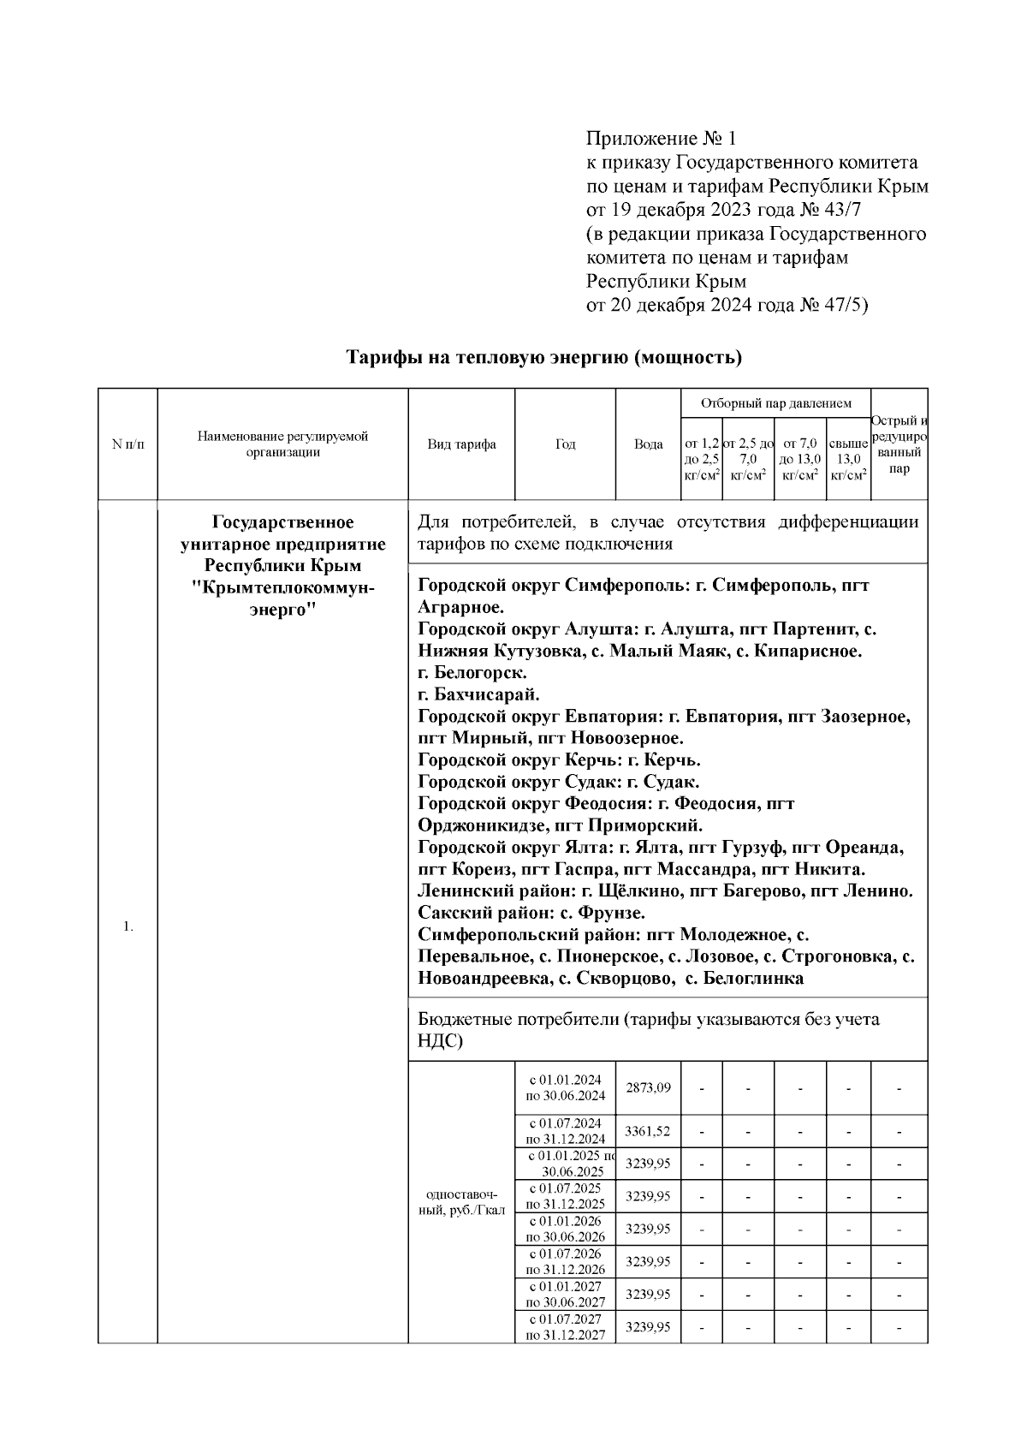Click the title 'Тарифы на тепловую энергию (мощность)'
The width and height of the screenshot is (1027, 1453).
tap(543, 357)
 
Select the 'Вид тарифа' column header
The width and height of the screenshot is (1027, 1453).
tap(461, 444)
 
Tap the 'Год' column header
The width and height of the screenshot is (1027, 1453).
tap(565, 444)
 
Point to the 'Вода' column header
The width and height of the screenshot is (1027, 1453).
tap(648, 444)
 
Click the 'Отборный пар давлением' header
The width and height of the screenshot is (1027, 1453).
tap(775, 403)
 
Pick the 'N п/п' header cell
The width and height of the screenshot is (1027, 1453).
tap(128, 444)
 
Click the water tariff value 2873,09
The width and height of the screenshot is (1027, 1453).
tap(648, 1087)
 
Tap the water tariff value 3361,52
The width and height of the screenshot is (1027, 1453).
tap(648, 1131)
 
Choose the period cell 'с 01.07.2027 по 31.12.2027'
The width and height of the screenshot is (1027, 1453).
tap(565, 1327)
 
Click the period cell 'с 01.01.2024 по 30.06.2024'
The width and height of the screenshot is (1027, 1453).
tap(565, 1087)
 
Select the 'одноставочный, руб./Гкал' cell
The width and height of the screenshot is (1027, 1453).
tap(461, 1202)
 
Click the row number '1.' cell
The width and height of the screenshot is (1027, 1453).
tap(128, 926)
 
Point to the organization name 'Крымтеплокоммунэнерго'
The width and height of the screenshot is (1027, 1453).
tap(282, 587)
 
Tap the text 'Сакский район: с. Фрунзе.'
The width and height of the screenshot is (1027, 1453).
tap(531, 913)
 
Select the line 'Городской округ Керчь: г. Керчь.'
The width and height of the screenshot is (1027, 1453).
tap(559, 759)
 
